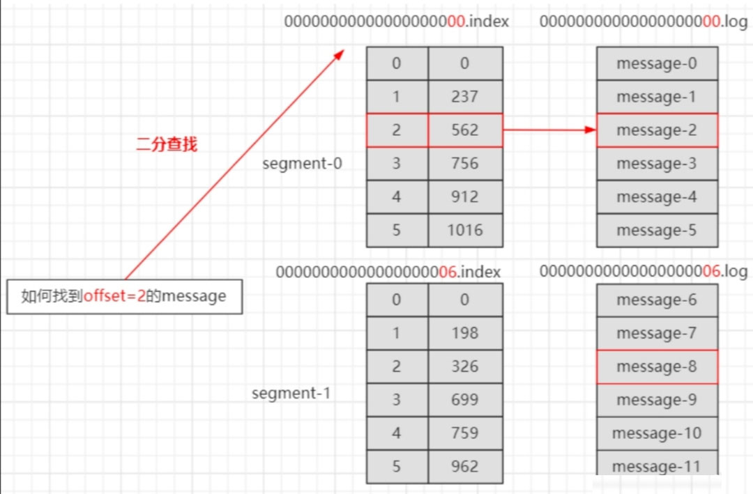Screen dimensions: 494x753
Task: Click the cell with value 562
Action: [x=465, y=130]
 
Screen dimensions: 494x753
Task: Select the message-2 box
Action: [x=657, y=130]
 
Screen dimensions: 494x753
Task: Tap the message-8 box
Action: [x=657, y=366]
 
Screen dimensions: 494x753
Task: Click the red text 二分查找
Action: [x=167, y=144]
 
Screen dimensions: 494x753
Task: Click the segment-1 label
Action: [x=291, y=393]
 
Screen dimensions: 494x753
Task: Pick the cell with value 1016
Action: [x=465, y=230]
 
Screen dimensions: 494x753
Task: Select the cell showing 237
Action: [x=465, y=97]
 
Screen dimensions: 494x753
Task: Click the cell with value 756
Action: [x=465, y=164]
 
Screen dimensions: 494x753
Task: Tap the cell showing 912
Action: [x=465, y=196]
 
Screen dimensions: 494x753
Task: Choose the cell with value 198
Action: [x=465, y=333]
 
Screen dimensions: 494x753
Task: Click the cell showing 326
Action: [x=465, y=366]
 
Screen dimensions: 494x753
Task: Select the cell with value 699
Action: [x=465, y=400]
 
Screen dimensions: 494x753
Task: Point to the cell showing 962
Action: [x=465, y=466]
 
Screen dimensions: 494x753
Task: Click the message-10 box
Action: [x=657, y=433]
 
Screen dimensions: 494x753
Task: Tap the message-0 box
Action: [x=657, y=63]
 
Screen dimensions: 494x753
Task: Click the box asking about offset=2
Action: [x=124, y=297]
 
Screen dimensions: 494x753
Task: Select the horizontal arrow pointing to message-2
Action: [x=549, y=130]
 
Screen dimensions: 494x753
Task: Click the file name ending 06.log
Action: [x=643, y=272]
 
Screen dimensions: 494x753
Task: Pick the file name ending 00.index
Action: [x=396, y=22]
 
